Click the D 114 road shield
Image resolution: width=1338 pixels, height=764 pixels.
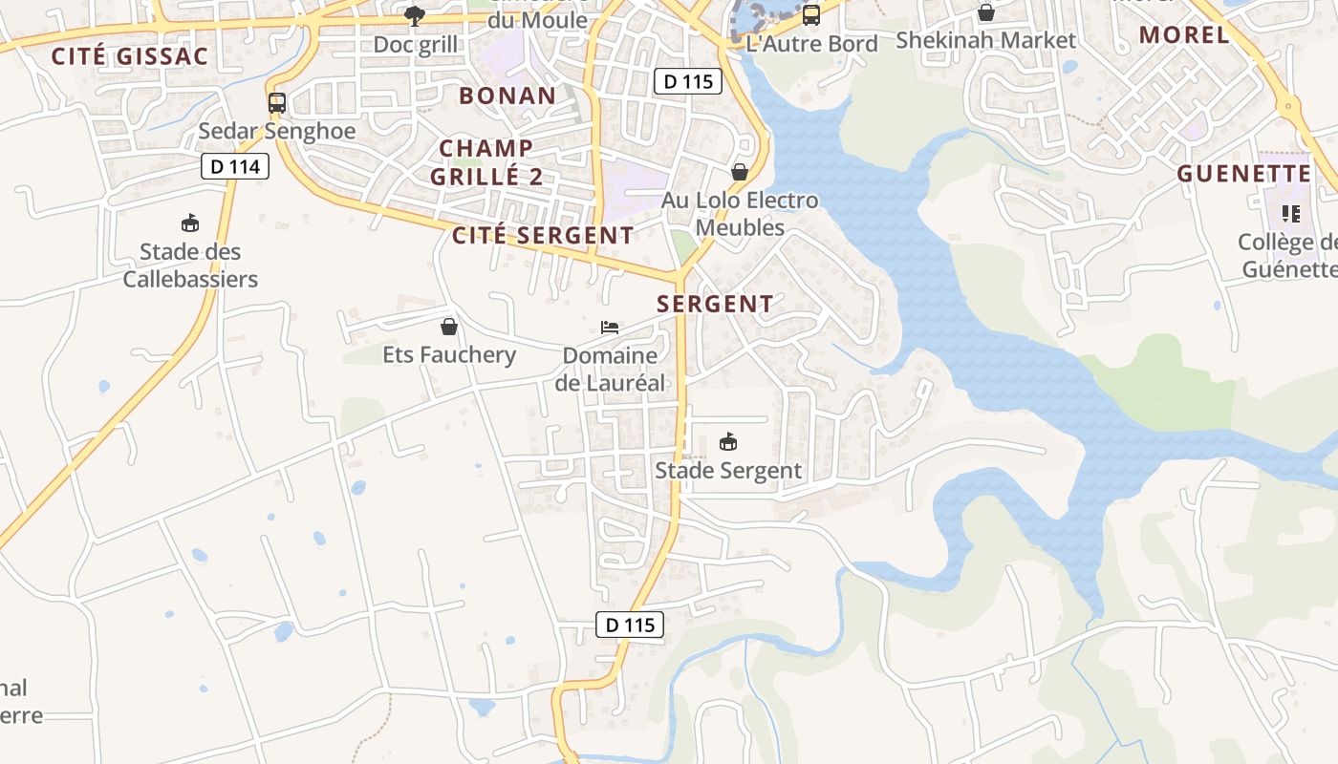235,167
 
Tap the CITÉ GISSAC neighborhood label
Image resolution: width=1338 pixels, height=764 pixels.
129,56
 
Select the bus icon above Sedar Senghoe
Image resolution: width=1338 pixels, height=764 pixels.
277,103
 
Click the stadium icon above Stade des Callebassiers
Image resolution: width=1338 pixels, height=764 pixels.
190,223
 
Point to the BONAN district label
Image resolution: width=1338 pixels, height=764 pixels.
507,95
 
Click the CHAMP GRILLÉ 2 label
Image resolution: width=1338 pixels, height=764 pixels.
486,162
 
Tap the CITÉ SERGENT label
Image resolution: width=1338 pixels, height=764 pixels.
543,235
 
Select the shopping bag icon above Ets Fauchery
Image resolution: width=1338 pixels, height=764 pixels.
449,327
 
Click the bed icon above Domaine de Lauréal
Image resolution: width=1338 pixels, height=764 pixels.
610,328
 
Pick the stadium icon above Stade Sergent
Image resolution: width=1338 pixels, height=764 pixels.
728,441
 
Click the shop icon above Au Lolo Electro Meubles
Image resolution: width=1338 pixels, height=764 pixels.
740,172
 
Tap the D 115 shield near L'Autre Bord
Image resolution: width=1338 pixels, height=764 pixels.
688,81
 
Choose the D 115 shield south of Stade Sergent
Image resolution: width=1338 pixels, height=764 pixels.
630,625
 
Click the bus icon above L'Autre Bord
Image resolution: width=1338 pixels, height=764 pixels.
811,14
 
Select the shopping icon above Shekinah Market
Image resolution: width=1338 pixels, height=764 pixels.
985,12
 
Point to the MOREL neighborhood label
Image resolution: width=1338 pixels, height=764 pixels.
1184,35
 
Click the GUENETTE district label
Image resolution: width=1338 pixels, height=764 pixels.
1243,174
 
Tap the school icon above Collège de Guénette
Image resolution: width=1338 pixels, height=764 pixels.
1291,214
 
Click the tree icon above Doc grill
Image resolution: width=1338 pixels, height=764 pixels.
415,15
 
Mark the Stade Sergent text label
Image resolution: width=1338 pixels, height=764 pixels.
728,471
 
